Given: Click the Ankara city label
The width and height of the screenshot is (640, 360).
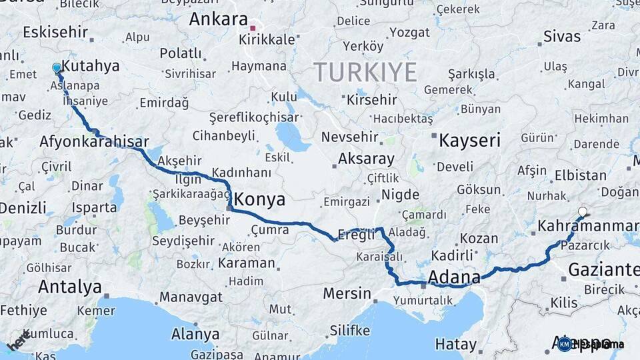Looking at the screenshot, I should point(218,19).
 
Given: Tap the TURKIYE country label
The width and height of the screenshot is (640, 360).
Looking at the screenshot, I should point(365,71).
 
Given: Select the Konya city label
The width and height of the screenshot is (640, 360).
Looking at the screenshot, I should point(260,199).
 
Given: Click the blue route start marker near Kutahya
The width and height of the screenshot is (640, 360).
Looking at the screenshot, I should point(57,67).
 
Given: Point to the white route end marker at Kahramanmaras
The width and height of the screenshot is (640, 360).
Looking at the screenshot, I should point(583,212).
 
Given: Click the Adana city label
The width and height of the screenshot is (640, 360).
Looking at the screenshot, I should point(455,277).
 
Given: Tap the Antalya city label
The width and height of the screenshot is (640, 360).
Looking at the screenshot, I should point(69,287).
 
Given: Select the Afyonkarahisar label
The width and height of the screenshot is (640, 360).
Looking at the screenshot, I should point(94,141).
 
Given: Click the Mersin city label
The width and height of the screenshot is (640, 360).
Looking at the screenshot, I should point(347,293).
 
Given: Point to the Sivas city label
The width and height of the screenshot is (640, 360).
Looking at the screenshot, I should point(562,36).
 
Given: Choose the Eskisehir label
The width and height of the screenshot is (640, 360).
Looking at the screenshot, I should point(55,32).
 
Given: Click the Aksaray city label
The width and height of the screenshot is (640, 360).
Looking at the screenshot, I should point(366,159).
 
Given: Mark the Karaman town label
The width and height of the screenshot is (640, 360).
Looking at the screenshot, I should point(247,263).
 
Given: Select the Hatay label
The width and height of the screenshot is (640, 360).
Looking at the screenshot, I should point(456,344).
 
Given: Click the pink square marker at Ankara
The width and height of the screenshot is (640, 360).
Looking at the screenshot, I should point(253,28).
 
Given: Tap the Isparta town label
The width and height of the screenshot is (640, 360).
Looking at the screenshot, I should point(94,207).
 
